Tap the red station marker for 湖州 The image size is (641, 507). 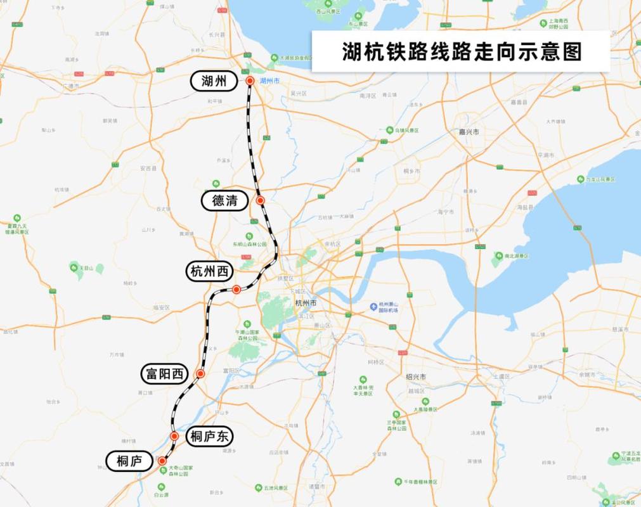(250, 80)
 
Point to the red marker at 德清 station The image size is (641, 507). (260, 200)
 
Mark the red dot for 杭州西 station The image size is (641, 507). (236, 290)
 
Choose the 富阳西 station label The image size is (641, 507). (164, 375)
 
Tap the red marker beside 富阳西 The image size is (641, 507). (200, 374)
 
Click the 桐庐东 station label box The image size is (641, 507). (209, 436)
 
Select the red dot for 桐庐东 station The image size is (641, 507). (174, 436)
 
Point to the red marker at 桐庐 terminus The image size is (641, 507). (162, 461)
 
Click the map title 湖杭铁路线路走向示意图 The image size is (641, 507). (462, 51)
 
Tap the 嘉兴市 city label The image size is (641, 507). (470, 132)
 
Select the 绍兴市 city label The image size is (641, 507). (416, 376)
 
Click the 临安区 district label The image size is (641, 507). (162, 307)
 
